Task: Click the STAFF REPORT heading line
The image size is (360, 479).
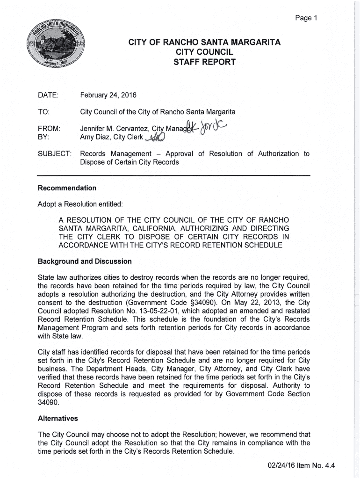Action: [204, 62]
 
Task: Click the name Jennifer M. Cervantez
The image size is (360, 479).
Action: [110, 129]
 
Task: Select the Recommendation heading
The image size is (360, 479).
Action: [66, 188]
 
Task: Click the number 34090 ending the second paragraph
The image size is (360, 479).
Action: [47, 402]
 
